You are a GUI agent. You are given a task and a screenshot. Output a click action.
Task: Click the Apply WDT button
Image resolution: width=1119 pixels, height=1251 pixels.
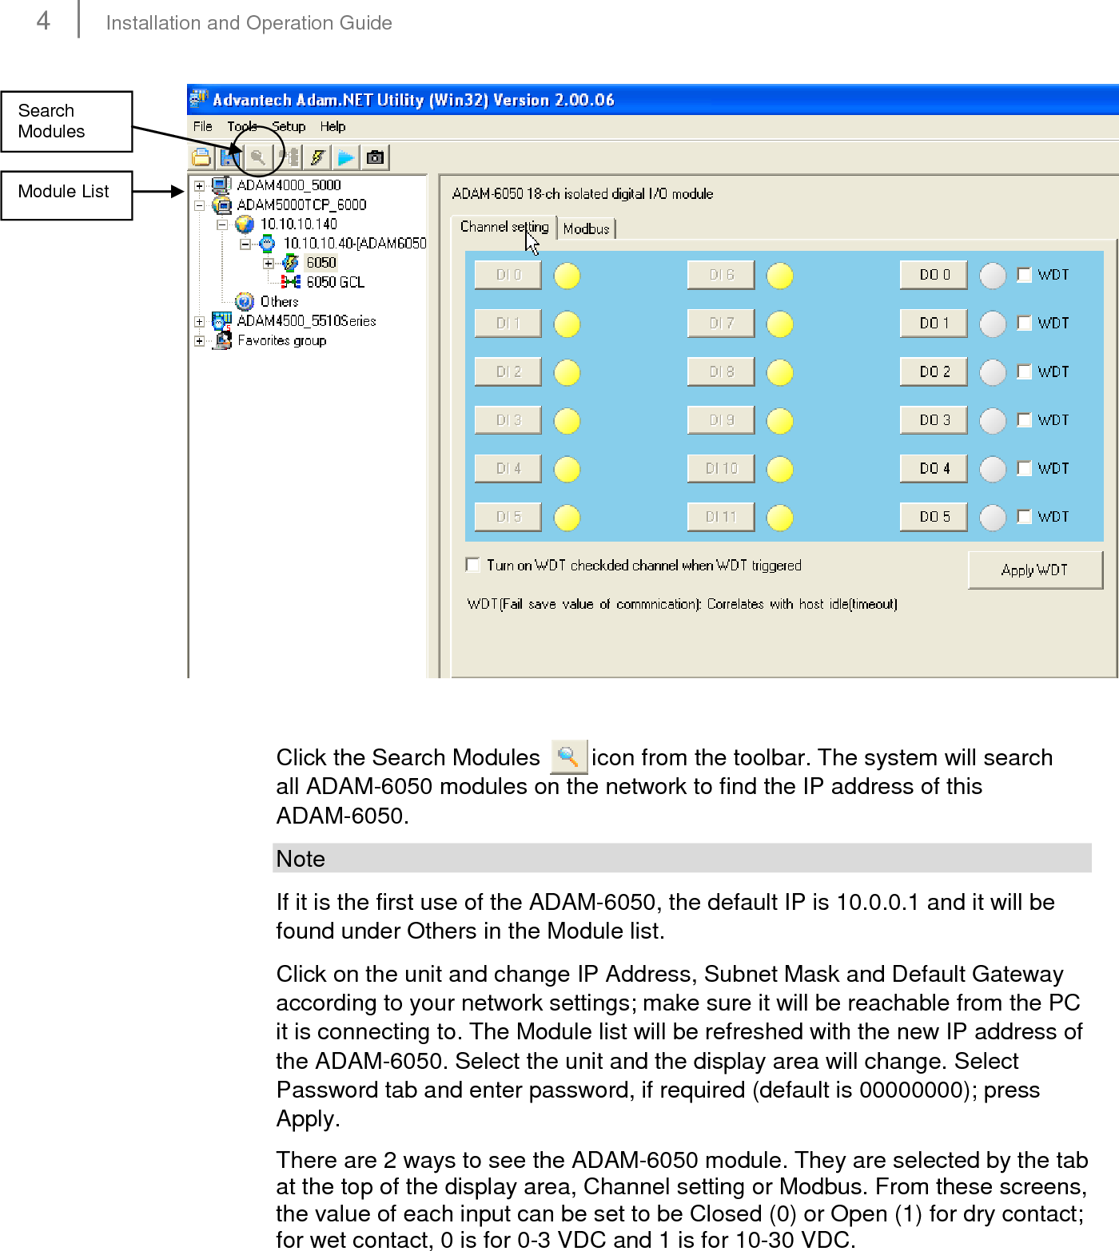point(1034,570)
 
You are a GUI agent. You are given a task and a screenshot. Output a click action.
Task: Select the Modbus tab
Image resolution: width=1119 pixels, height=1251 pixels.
point(586,228)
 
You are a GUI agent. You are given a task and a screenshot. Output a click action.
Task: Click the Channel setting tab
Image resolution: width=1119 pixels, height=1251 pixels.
point(504,227)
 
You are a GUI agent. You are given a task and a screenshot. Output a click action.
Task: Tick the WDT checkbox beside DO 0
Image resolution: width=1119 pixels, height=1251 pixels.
point(1024,275)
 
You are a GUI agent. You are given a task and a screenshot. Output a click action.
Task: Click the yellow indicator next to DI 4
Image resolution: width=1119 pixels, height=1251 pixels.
point(567,469)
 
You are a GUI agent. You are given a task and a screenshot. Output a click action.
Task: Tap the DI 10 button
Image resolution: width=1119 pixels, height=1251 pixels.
point(721,469)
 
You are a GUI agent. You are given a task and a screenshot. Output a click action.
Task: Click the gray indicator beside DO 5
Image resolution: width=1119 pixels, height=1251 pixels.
point(993,518)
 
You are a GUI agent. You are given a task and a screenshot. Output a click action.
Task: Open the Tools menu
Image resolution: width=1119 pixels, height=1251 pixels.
point(241,126)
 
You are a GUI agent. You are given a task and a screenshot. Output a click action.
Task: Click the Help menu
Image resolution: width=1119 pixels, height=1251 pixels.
point(333,126)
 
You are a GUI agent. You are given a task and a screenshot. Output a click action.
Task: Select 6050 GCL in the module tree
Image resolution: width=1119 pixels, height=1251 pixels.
point(335,282)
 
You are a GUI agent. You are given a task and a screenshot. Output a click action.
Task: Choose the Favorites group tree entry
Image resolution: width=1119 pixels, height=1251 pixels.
point(281,340)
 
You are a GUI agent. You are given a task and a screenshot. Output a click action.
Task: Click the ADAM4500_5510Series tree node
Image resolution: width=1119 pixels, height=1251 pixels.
point(306,320)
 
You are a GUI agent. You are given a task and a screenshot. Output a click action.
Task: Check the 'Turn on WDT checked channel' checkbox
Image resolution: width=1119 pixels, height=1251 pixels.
point(473,565)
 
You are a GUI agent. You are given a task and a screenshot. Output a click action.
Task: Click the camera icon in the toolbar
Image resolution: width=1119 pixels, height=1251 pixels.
point(375,157)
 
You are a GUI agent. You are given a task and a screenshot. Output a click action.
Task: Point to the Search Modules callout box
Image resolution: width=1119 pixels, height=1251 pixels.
point(66,121)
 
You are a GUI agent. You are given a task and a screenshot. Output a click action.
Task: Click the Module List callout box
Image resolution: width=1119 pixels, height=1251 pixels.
point(66,194)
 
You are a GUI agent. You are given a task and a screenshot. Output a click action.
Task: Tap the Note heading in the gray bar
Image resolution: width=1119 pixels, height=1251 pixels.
point(301,859)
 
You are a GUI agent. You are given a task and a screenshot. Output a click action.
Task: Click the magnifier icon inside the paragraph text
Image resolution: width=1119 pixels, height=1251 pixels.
point(568,757)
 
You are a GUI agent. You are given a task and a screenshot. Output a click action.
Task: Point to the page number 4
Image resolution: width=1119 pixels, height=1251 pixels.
point(43,21)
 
